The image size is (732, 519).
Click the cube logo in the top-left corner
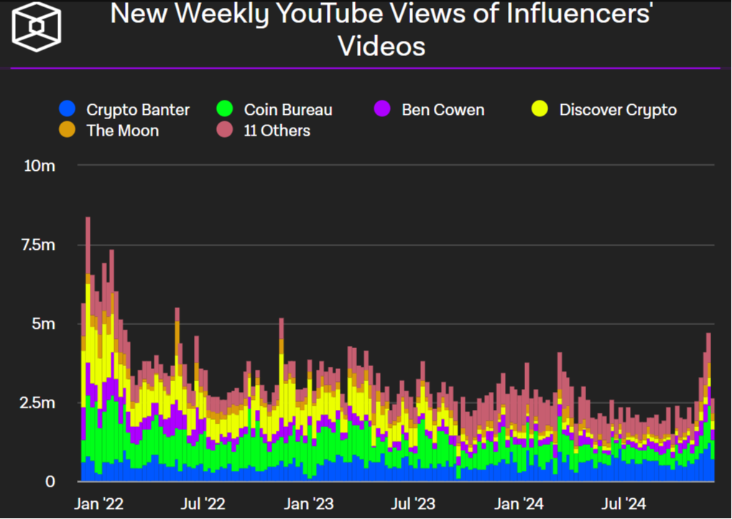coord(37,26)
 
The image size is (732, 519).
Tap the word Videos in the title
coord(381,46)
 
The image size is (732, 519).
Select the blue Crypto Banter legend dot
coord(67,110)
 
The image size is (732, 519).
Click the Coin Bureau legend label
coord(288,110)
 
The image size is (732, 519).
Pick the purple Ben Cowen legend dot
coord(382,110)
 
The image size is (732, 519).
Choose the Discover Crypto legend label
coord(618,110)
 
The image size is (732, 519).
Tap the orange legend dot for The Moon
coord(67,131)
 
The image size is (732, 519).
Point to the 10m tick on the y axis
coord(40,166)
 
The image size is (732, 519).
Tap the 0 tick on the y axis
coord(50,482)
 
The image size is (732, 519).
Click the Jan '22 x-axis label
coord(99,504)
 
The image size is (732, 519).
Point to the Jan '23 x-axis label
coord(309,504)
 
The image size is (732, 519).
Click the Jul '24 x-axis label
coord(624,504)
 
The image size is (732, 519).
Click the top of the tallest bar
coord(88,218)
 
